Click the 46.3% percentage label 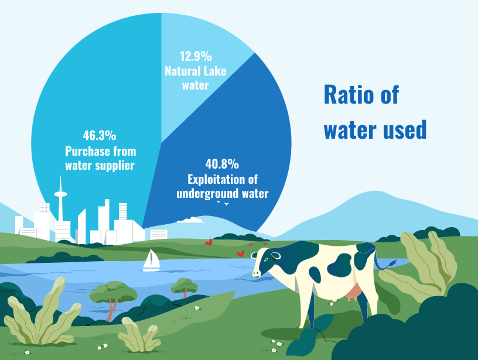(x=100, y=136)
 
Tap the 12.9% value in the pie (x=196, y=56)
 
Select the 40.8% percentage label (x=222, y=164)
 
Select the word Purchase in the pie (x=88, y=151)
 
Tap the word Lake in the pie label (x=215, y=71)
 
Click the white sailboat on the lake (x=152, y=260)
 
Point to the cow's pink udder (x=353, y=291)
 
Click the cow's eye (x=266, y=259)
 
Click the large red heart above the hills (x=209, y=242)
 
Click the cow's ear (x=275, y=255)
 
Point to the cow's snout (x=256, y=273)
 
